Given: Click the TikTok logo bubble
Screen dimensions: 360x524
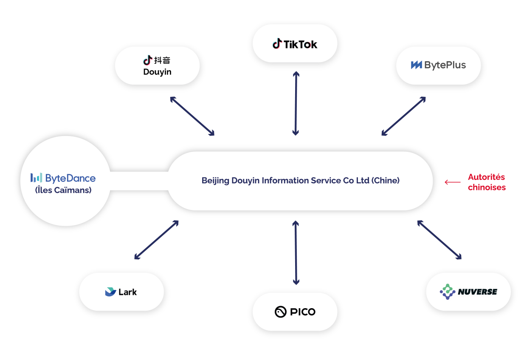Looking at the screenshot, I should point(295,44).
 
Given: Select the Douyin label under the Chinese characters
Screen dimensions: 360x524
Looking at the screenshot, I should point(157,72).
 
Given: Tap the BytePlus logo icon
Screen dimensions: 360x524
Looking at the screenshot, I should point(416,65).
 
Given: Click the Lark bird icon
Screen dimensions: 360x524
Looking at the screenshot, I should point(110,292).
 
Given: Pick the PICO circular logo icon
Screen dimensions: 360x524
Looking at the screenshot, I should point(281,312).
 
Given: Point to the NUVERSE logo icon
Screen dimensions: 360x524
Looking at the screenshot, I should point(447,292).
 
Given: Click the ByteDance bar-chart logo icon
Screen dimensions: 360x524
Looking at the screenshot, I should point(36,178).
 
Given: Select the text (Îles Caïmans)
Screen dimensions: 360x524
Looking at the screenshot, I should point(63,190).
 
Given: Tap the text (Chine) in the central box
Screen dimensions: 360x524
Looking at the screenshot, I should point(386,181).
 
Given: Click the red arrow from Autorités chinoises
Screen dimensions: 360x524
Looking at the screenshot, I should point(453,182).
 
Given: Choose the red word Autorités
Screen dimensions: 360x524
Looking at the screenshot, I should point(486,177).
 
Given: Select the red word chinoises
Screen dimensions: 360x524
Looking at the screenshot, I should point(487,187).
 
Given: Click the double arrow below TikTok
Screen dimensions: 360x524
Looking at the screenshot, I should point(296,103).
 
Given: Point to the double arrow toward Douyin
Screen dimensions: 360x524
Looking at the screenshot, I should point(192,116).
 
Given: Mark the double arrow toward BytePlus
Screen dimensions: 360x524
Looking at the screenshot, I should point(403,116).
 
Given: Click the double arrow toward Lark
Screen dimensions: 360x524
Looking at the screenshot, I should point(156,240).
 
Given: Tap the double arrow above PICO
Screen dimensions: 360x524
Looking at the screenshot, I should point(296,252).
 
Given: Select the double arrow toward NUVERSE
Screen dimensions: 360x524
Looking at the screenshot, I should point(439,240).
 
